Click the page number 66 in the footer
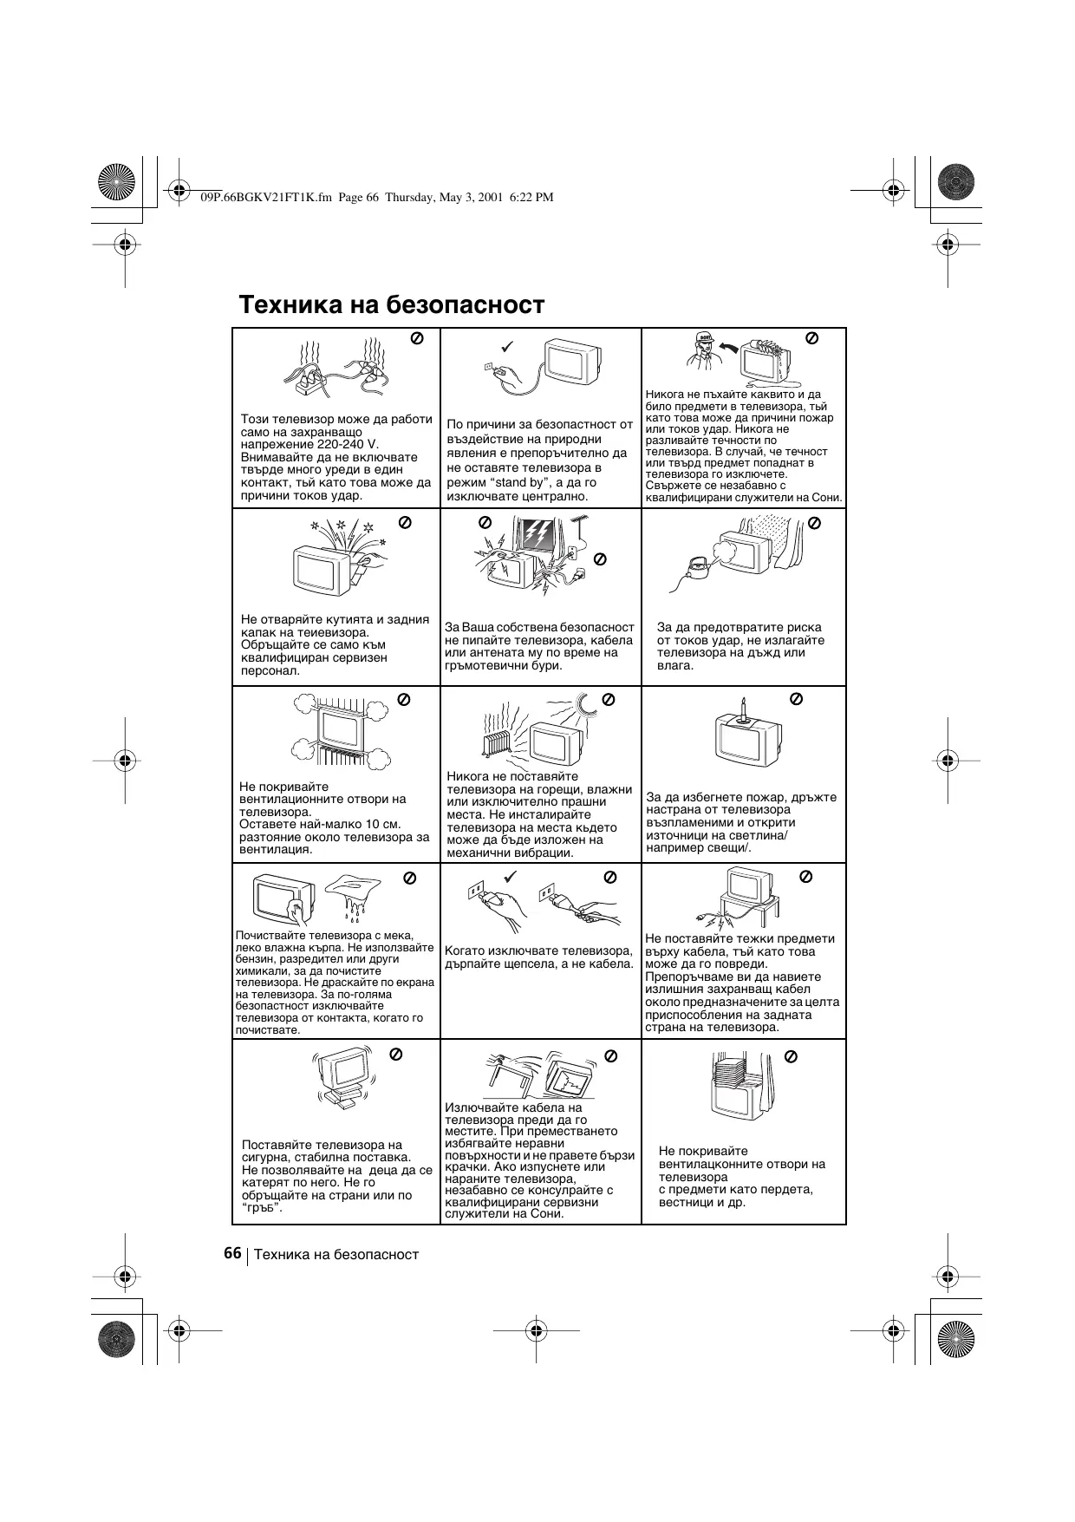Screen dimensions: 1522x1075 231,1253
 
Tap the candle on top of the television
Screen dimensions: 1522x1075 744,710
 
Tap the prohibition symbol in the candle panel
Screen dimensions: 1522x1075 797,698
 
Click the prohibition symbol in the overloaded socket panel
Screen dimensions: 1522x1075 416,338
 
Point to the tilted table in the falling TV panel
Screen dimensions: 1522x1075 511,1072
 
